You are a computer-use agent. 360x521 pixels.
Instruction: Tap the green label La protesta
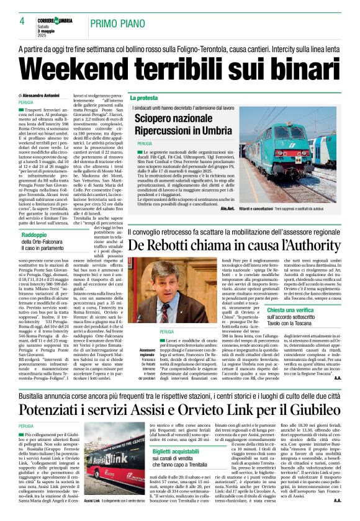[x=143, y=98]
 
